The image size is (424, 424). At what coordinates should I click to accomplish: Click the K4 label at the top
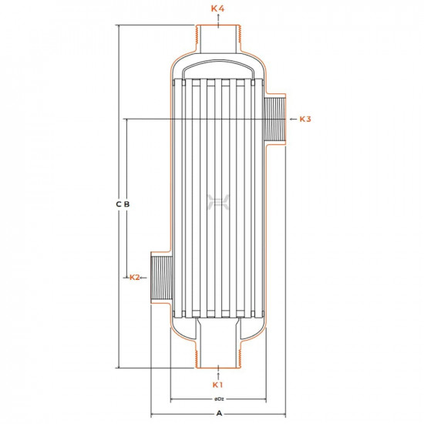coord(218,8)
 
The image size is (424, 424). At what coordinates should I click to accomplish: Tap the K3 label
coord(305,119)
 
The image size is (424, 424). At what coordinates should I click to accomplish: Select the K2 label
coord(135,277)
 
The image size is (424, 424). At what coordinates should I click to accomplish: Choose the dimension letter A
coord(220,414)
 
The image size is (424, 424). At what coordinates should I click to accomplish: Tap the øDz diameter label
coord(219,399)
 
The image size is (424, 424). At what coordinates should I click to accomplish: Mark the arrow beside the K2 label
coord(146,277)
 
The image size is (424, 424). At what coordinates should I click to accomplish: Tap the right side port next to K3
coord(276,119)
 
